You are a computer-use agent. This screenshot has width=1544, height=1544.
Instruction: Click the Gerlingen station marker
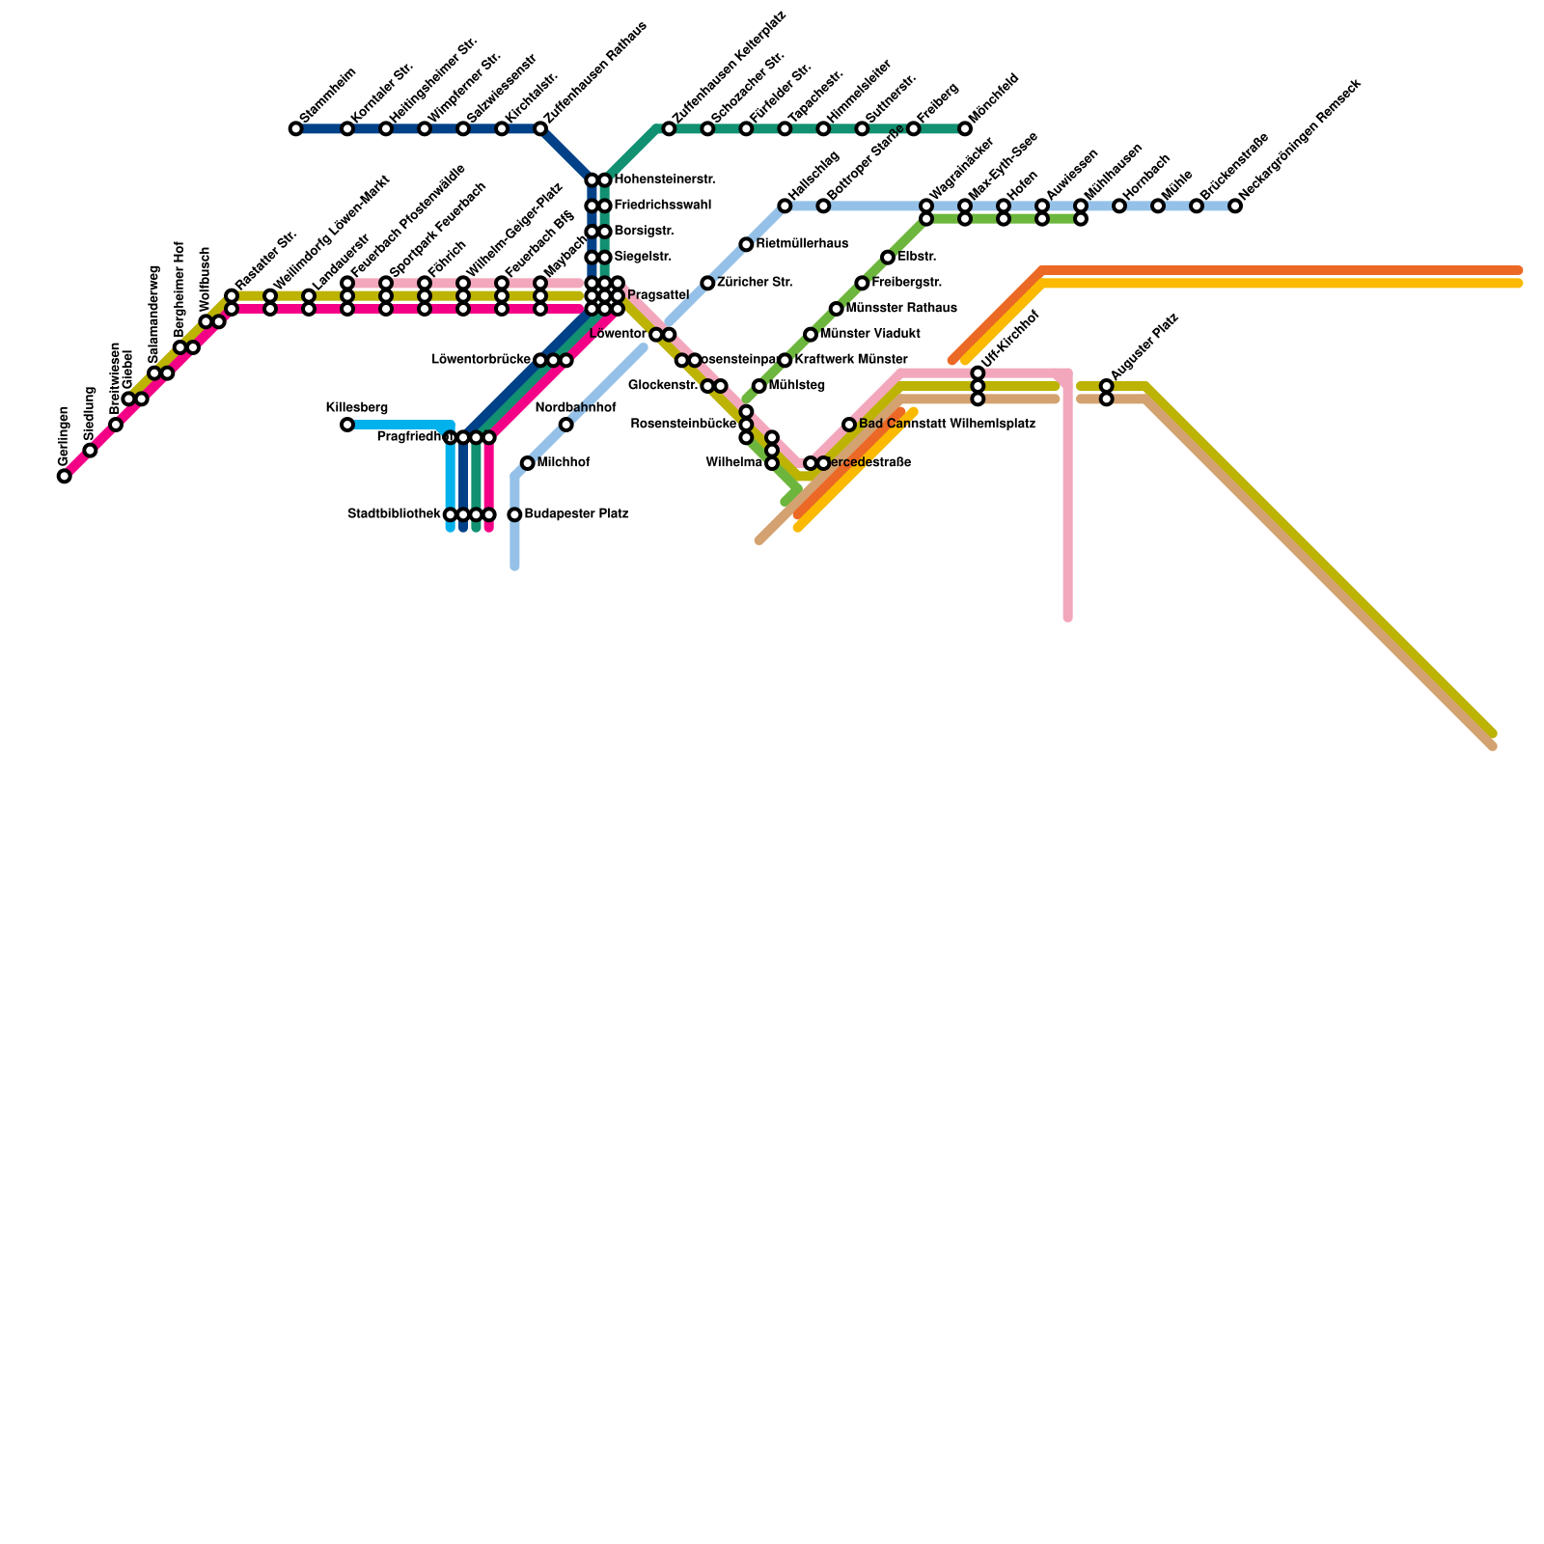(65, 476)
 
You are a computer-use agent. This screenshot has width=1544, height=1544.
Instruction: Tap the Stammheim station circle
(296, 128)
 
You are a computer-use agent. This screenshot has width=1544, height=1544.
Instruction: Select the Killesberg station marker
(347, 425)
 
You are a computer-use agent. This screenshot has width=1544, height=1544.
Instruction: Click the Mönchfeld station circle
(965, 128)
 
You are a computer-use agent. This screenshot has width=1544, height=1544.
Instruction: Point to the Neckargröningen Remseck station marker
(1235, 206)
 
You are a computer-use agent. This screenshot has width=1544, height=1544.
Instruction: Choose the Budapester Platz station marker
(515, 514)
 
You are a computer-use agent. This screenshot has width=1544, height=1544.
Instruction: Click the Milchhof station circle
(527, 463)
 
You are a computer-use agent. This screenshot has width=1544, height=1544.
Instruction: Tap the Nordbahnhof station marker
(566, 425)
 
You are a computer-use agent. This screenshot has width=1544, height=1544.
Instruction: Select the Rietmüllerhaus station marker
(746, 244)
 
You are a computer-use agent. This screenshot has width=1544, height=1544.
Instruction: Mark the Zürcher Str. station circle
(707, 283)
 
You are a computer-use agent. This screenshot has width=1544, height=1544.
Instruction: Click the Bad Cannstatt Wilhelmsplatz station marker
(849, 425)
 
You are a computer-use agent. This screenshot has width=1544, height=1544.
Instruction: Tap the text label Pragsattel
(657, 294)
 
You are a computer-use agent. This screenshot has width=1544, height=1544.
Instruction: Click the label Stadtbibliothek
(394, 514)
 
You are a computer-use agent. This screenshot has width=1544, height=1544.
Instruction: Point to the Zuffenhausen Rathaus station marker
(540, 128)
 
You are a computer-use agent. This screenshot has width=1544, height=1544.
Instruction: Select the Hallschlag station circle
(785, 206)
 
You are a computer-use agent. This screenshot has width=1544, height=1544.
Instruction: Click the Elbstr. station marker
(888, 257)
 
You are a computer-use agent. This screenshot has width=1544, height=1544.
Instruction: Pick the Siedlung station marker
(90, 450)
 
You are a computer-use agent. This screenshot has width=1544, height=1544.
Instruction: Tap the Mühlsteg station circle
(759, 386)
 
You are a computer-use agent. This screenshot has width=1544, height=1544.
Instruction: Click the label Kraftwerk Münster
(850, 360)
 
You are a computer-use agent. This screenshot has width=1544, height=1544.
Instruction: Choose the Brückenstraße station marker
(1197, 206)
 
